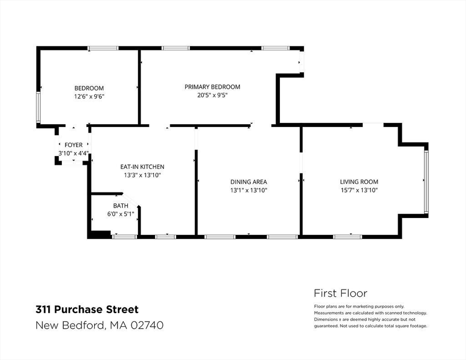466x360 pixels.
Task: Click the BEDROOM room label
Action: (x=89, y=88)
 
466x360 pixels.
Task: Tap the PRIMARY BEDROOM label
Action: (x=212, y=87)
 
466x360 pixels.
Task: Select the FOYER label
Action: (x=74, y=145)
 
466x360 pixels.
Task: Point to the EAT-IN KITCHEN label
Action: (x=142, y=167)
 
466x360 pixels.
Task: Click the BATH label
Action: (x=120, y=206)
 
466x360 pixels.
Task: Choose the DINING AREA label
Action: (x=248, y=182)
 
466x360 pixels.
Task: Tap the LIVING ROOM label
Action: (x=359, y=182)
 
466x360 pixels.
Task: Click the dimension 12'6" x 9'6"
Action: (x=89, y=97)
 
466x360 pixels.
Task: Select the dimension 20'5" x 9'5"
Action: (x=212, y=95)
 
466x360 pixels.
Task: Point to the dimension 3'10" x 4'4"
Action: (x=74, y=153)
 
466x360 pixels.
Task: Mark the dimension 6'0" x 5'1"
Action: (x=120, y=214)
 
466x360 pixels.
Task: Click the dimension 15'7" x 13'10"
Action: (x=359, y=190)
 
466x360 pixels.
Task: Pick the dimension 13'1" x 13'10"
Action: (x=248, y=190)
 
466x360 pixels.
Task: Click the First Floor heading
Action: (x=340, y=293)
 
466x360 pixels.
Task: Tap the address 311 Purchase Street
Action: (x=87, y=309)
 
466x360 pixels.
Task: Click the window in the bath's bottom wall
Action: (x=124, y=237)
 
